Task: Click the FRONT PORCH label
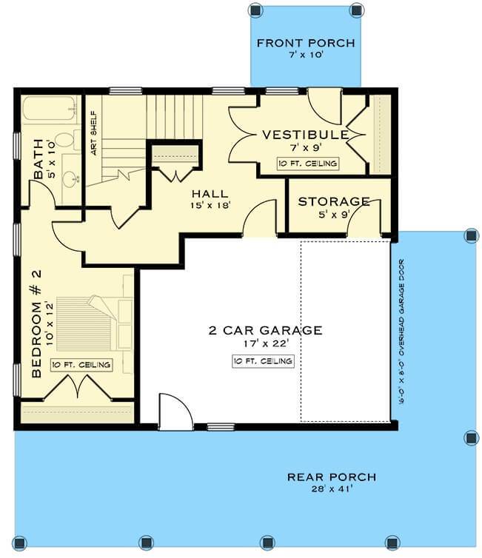click(x=306, y=43)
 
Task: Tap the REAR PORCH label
click(x=332, y=477)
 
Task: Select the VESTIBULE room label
click(x=306, y=135)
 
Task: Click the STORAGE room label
click(x=334, y=201)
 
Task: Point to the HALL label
click(x=210, y=194)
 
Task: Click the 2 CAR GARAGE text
click(x=266, y=330)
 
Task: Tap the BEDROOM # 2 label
click(x=37, y=323)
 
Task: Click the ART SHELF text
click(x=93, y=133)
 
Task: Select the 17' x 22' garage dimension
click(x=266, y=343)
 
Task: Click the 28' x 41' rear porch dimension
click(x=332, y=488)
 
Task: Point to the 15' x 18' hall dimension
click(x=210, y=205)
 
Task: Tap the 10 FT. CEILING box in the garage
click(x=263, y=361)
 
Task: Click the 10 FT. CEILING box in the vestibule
click(x=307, y=164)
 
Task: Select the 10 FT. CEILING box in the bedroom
click(x=81, y=365)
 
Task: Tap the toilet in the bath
click(x=67, y=139)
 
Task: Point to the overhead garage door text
click(x=401, y=332)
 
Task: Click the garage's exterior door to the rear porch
click(x=176, y=412)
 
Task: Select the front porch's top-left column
click(x=255, y=10)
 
